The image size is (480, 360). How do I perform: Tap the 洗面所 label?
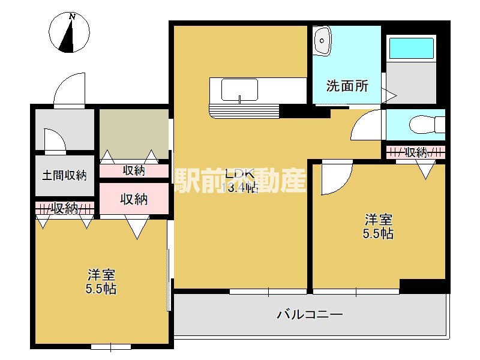[347, 86]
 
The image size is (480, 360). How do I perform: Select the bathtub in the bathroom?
[411, 48]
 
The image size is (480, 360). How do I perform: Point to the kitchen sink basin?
[239, 89]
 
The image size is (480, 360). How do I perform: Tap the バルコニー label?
[310, 314]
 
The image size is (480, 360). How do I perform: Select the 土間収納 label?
[64, 176]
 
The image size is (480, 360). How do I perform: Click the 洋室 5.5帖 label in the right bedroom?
[379, 226]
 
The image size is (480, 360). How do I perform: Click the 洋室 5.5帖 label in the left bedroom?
[101, 282]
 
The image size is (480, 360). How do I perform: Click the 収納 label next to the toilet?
[416, 152]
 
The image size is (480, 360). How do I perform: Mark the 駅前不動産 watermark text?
[240, 180]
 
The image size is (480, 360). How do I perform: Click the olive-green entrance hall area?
[133, 133]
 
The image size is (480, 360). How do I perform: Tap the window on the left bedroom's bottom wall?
[111, 346]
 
